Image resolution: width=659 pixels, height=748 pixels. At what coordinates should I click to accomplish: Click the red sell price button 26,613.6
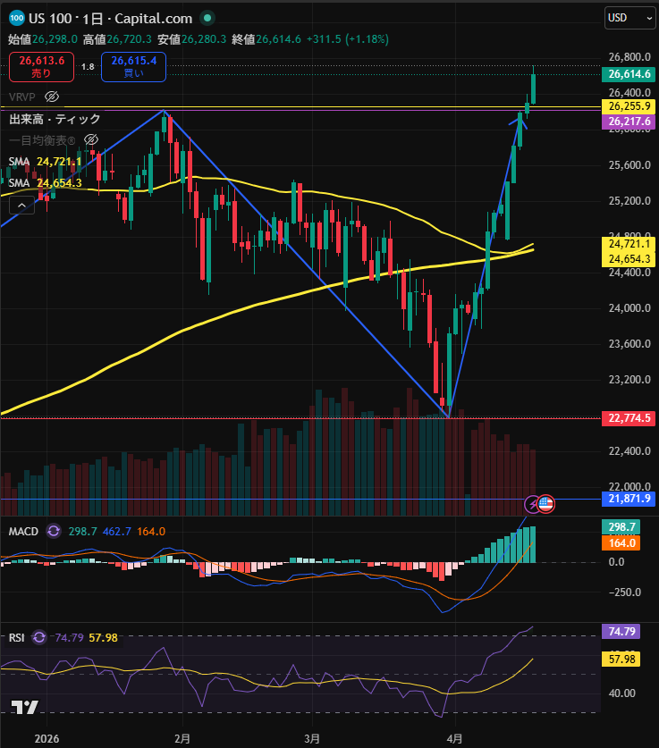pyautogui.click(x=41, y=66)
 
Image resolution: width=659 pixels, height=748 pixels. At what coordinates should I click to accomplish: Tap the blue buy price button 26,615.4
pyautogui.click(x=133, y=66)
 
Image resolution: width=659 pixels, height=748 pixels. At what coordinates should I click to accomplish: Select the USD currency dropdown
pyautogui.click(x=626, y=17)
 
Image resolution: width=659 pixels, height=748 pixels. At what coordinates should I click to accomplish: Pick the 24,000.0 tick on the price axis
pyautogui.click(x=627, y=308)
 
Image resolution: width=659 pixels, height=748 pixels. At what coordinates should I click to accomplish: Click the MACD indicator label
pyautogui.click(x=23, y=531)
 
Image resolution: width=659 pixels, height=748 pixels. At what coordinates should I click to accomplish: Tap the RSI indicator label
pyautogui.click(x=17, y=637)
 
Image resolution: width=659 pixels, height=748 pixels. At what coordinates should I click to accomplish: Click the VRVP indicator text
pyautogui.click(x=21, y=97)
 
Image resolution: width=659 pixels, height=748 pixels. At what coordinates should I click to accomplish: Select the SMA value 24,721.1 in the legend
pyautogui.click(x=59, y=161)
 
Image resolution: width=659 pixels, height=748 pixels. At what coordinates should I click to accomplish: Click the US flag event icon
pyautogui.click(x=545, y=504)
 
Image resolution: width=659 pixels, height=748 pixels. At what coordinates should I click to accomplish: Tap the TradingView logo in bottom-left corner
pyautogui.click(x=24, y=707)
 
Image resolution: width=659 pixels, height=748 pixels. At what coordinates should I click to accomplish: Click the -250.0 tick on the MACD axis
pyautogui.click(x=627, y=592)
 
